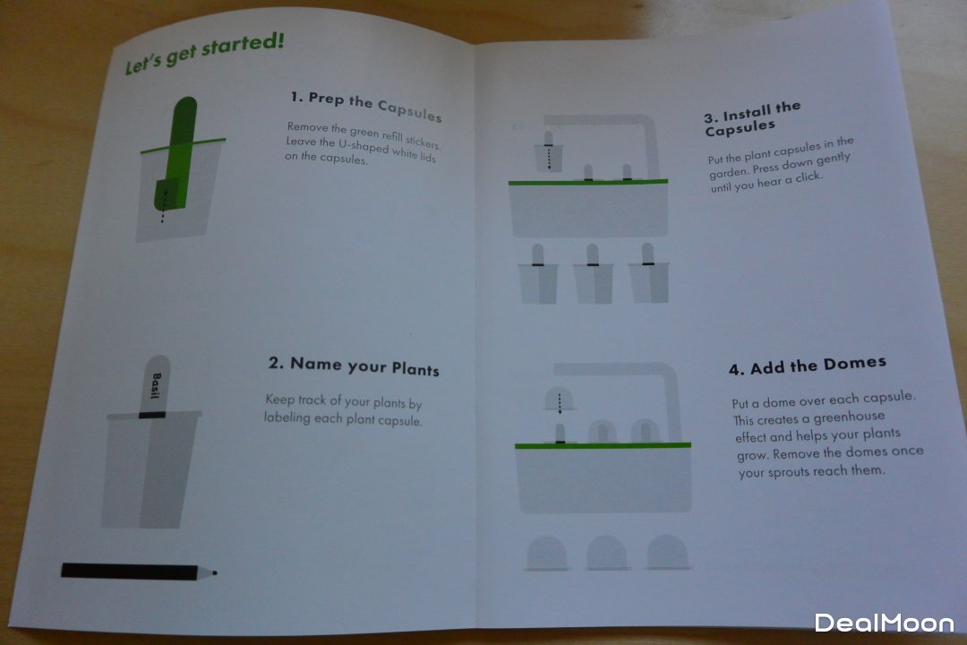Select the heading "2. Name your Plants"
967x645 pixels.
tap(354, 366)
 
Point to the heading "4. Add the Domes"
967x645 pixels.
tap(808, 365)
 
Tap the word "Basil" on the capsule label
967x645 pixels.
tap(156, 385)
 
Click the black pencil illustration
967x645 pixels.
tap(139, 571)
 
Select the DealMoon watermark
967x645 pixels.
tap(885, 623)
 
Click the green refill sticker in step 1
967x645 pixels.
tap(177, 153)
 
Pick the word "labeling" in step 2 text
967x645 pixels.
tap(287, 417)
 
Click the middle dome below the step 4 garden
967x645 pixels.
tap(606, 553)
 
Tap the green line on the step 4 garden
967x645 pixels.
tap(603, 445)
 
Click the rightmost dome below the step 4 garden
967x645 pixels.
tap(667, 551)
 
